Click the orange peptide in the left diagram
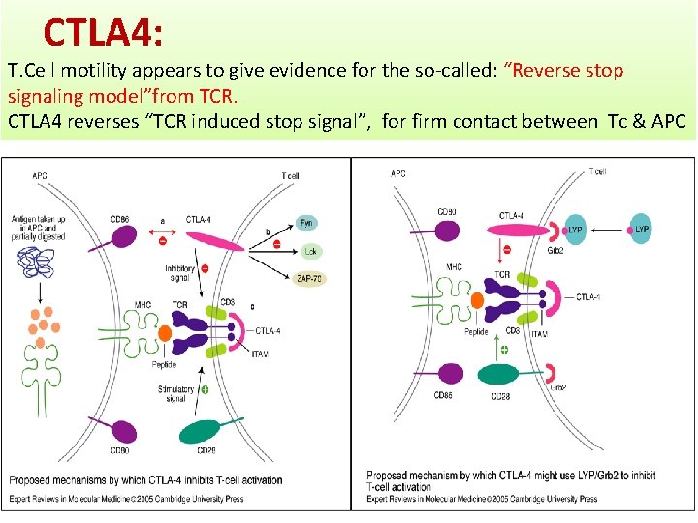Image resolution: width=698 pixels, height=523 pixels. click(x=164, y=334)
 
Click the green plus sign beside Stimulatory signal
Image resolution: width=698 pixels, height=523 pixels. click(x=205, y=389)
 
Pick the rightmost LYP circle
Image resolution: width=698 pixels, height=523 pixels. click(x=641, y=230)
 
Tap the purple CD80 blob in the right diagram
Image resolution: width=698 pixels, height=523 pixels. click(x=448, y=231)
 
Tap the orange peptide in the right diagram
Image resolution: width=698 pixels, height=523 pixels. click(x=477, y=300)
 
